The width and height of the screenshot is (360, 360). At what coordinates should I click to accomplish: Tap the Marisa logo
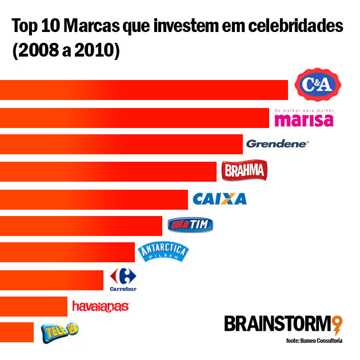click(x=303, y=118)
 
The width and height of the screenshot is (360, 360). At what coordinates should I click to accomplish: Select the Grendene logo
click(x=277, y=144)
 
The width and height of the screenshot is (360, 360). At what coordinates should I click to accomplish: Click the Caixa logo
click(x=220, y=199)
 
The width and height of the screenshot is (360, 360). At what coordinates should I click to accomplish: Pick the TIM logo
click(x=190, y=225)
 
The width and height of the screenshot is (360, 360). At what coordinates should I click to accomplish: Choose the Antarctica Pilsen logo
click(x=162, y=251)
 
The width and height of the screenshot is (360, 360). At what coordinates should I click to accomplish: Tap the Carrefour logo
click(x=123, y=279)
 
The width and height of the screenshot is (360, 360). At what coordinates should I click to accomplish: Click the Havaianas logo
click(x=101, y=307)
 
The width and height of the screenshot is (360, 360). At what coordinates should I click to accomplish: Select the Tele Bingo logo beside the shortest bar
click(x=59, y=331)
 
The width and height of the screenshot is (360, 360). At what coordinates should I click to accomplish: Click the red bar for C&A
click(x=143, y=90)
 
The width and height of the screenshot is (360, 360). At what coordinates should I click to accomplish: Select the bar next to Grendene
click(x=121, y=144)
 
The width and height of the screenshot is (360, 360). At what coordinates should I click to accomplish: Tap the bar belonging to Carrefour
click(x=51, y=280)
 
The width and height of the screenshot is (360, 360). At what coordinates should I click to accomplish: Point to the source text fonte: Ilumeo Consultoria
click(x=314, y=341)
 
